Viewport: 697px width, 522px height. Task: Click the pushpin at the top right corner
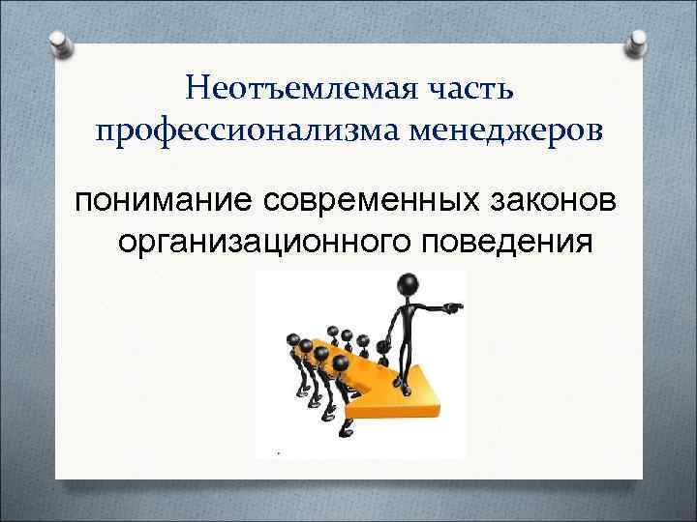[x=638, y=44]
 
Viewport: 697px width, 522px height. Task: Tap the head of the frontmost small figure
[x=341, y=362]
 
